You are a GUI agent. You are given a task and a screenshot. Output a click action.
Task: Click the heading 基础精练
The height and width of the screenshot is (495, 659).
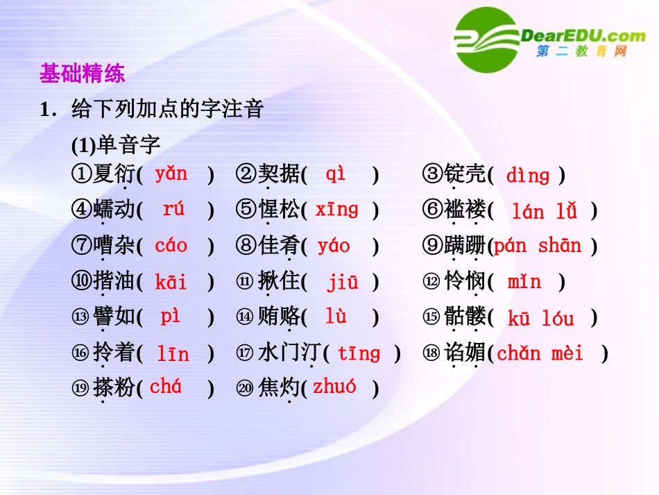click(x=82, y=74)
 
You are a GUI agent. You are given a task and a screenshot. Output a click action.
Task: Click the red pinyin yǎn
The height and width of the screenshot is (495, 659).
click(x=171, y=174)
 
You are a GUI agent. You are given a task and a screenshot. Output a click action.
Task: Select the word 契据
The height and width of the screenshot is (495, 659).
click(x=279, y=174)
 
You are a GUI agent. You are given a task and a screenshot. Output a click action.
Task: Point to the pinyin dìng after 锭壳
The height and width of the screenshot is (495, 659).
click(x=527, y=175)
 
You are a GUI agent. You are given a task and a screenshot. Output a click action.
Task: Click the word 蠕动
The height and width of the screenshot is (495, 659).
click(x=114, y=210)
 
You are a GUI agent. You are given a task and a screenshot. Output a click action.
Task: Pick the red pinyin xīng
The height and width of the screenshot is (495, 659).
click(x=336, y=209)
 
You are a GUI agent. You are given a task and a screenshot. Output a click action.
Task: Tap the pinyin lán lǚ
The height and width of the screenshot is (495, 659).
click(x=544, y=211)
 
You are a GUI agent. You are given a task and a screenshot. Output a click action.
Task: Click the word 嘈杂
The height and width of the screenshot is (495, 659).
click(x=114, y=246)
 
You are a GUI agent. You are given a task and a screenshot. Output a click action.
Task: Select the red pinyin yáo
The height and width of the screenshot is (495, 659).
click(x=334, y=246)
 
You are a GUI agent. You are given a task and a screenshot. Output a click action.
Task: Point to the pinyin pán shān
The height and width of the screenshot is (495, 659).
click(x=537, y=246)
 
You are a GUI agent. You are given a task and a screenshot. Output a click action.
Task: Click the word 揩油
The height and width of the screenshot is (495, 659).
click(x=114, y=282)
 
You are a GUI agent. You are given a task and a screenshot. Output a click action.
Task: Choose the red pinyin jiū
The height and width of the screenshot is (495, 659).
click(x=343, y=282)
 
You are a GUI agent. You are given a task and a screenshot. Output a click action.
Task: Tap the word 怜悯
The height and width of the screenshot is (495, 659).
click(x=465, y=282)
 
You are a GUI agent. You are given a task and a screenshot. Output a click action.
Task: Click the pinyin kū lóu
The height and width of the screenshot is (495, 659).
click(x=540, y=319)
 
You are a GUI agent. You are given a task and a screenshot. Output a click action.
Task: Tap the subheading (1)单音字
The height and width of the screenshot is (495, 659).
click(x=116, y=145)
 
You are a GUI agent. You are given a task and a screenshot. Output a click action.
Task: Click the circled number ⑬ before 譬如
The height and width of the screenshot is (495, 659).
click(x=80, y=318)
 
